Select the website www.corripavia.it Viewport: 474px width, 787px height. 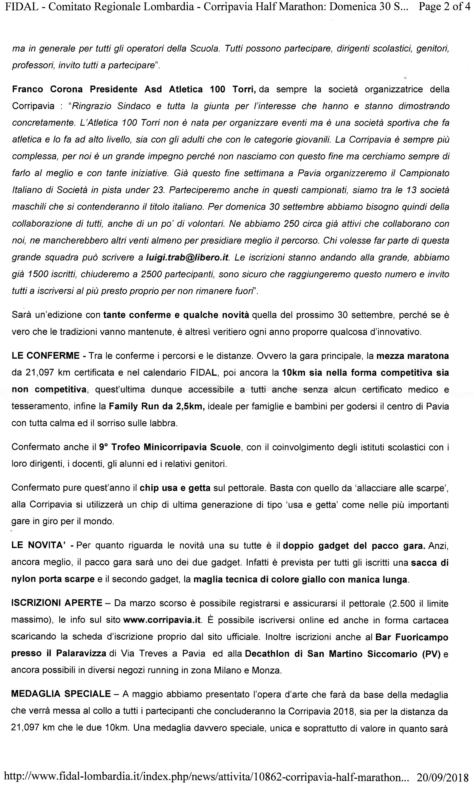(x=162, y=620)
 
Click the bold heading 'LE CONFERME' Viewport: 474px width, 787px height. (x=45, y=356)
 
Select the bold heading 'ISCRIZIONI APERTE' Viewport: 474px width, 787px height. (x=57, y=603)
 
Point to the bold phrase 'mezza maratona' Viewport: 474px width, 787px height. (x=412, y=356)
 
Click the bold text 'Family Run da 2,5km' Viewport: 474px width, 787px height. (x=156, y=406)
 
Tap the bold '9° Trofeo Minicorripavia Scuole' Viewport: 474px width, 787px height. (x=169, y=447)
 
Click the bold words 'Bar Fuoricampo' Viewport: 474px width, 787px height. (x=412, y=637)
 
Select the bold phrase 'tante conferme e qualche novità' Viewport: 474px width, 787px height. (x=176, y=315)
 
